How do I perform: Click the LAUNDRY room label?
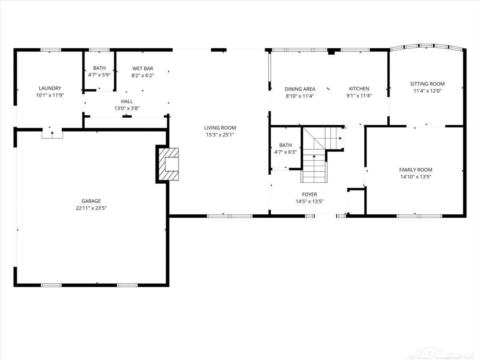click(x=50, y=88)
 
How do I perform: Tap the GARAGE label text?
click(x=91, y=201)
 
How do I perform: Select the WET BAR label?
click(x=142, y=68)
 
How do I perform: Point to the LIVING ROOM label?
click(x=220, y=128)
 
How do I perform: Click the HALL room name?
click(x=127, y=102)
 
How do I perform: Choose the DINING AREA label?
click(x=300, y=89)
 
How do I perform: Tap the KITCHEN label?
click(x=359, y=88)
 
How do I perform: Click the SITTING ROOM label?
click(x=427, y=84)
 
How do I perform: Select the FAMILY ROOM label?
click(x=416, y=170)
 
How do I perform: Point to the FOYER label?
click(x=310, y=194)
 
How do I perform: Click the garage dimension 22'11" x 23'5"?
click(x=91, y=208)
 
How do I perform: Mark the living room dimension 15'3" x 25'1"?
click(x=220, y=135)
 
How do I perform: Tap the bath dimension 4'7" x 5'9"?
click(x=99, y=75)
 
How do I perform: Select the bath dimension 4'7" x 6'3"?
click(x=285, y=152)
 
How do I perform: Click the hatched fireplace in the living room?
click(x=168, y=164)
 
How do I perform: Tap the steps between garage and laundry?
click(x=52, y=133)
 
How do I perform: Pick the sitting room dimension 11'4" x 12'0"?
click(x=427, y=91)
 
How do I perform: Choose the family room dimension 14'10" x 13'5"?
click(x=416, y=177)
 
